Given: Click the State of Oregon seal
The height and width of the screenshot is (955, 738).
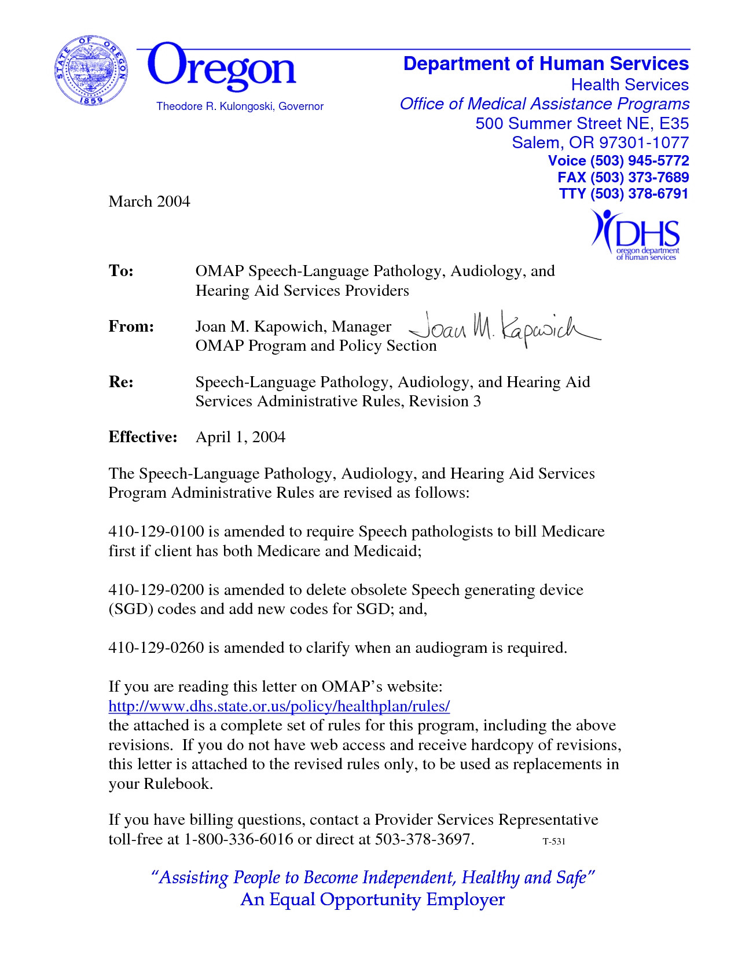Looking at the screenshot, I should (x=91, y=71).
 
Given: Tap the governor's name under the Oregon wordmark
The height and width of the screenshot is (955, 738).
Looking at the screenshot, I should (x=240, y=106).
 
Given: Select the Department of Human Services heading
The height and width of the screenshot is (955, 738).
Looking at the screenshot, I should (x=546, y=64).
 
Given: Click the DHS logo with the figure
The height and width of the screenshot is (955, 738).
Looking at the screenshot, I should (x=636, y=235).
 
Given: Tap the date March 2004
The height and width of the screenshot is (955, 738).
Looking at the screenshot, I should (x=149, y=201).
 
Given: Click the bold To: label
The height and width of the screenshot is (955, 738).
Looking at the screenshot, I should (x=121, y=271).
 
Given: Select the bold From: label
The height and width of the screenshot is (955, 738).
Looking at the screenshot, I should (x=131, y=326).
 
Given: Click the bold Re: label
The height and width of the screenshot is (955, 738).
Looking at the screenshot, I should (x=121, y=382).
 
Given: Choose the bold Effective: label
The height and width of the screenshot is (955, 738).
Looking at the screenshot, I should (x=142, y=437).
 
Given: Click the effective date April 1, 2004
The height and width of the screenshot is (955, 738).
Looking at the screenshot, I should (x=240, y=437).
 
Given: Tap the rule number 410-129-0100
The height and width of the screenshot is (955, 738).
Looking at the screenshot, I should (x=156, y=531).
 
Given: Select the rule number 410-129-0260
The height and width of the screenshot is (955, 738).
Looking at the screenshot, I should (x=156, y=648).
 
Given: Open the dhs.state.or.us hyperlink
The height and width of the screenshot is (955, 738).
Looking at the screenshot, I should (x=279, y=706).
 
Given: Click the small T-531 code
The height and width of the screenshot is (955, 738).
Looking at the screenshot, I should (x=553, y=842).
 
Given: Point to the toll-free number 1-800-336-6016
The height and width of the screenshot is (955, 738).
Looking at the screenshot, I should (x=238, y=839).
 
